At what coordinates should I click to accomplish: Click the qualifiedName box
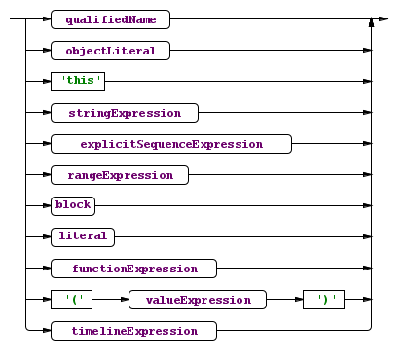tap(111, 19)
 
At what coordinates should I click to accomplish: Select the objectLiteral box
tap(111, 51)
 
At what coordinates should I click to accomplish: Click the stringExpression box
tap(125, 113)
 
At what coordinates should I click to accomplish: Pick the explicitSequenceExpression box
tap(171, 144)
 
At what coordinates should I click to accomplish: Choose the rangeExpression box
tap(120, 175)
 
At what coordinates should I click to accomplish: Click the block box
tap(73, 206)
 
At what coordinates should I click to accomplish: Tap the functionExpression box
tap(134, 269)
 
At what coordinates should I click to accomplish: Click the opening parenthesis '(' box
tap(75, 300)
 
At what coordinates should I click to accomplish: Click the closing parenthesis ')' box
tap(324, 300)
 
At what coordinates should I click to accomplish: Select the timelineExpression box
tap(134, 331)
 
